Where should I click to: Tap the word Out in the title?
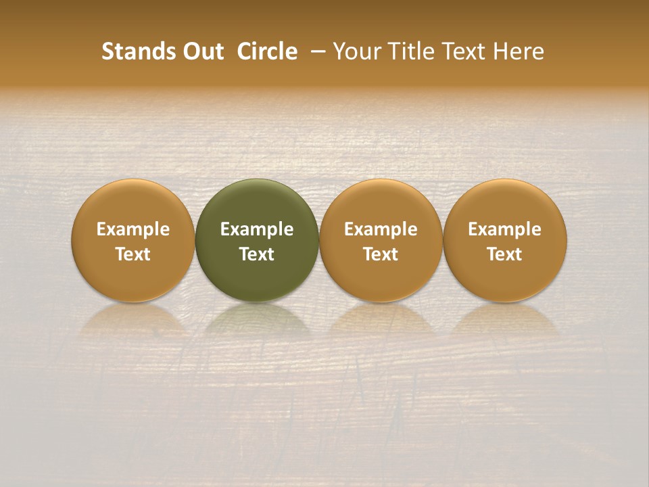pos(201,51)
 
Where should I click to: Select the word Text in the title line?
pos(464,51)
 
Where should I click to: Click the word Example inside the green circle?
pos(257,229)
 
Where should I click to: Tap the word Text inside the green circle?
pos(257,254)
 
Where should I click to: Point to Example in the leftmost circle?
pos(133,229)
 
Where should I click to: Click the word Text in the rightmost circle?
pos(505,254)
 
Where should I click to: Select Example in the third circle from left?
pos(381,229)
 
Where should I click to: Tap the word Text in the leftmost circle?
pos(133,254)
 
